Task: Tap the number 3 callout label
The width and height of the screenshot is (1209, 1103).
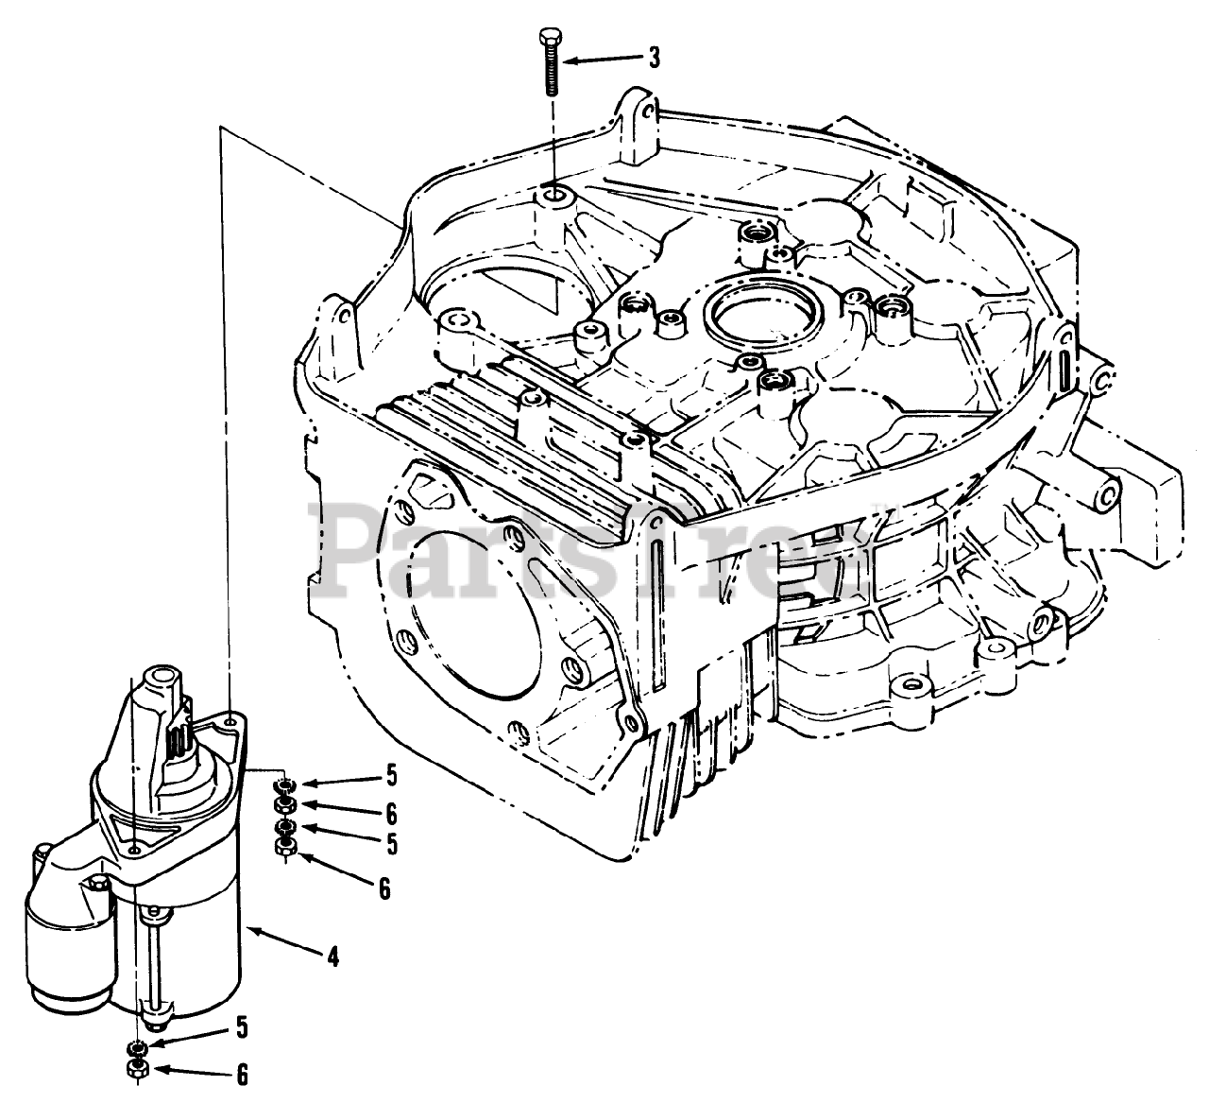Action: pos(654,59)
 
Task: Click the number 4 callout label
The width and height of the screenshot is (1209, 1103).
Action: pos(332,957)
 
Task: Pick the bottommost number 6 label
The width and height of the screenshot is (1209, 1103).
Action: pos(242,1074)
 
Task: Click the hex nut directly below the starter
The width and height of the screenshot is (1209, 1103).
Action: pos(136,1069)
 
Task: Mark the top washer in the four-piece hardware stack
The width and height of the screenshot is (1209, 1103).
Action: pos(283,785)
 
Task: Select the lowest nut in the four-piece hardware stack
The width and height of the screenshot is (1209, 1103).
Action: pos(283,848)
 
